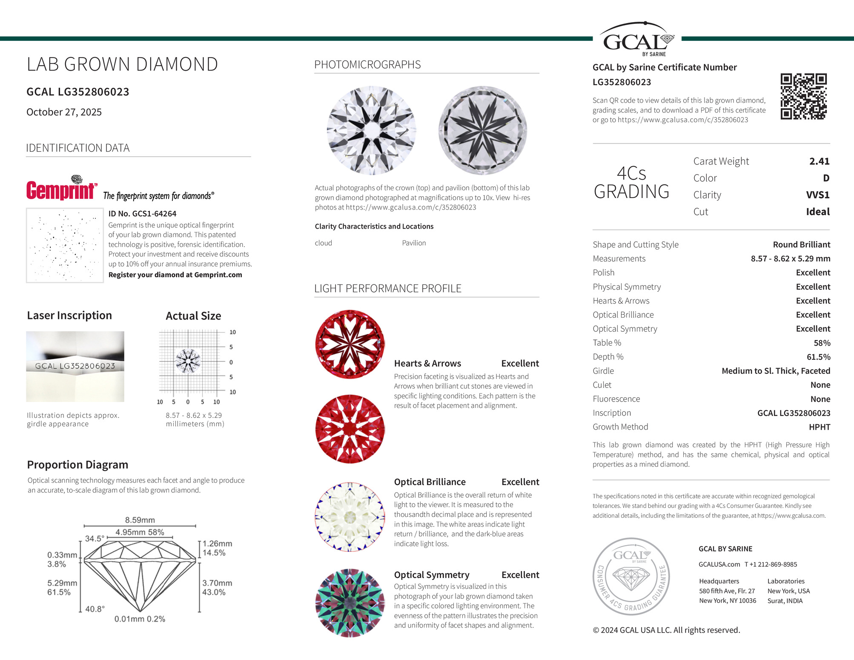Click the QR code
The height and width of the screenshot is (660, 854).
coord(803,96)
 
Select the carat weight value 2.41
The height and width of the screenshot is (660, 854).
coord(819,161)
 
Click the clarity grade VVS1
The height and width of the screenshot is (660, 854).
coord(817,195)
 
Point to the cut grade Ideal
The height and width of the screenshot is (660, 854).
coord(817,212)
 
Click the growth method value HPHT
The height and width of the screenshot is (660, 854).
coord(819,427)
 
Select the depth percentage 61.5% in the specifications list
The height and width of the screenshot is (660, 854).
coord(818,357)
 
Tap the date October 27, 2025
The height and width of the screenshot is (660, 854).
coord(64,112)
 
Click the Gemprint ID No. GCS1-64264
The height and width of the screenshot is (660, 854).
coord(142,214)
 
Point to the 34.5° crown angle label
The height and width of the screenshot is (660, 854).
coord(94,539)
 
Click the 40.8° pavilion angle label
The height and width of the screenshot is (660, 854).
coord(95,609)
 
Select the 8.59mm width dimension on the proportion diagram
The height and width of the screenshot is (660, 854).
coord(140,520)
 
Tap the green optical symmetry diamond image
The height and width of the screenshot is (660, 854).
coord(350,603)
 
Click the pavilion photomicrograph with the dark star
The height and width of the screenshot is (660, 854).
coord(482,130)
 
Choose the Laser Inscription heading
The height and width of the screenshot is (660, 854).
coord(69,316)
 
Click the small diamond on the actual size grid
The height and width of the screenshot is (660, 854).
coord(188,361)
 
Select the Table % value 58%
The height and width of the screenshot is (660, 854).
coord(822,343)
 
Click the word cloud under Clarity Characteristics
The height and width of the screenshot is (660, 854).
coord(323,243)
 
